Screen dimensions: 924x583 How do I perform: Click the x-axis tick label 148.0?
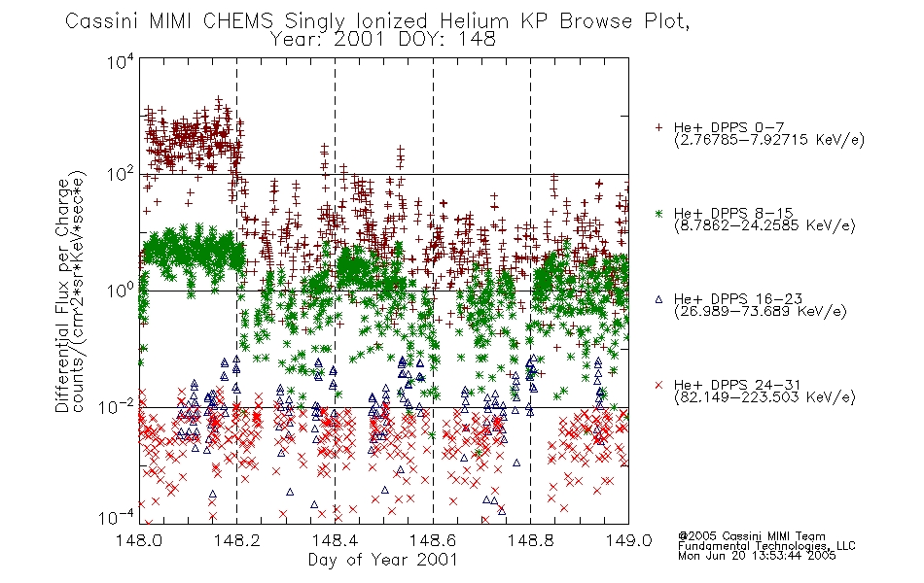coord(138,540)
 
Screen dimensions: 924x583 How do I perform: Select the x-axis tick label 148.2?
coord(237,540)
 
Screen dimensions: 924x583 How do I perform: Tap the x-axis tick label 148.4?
coord(335,540)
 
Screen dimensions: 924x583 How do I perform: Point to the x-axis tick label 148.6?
coord(433,540)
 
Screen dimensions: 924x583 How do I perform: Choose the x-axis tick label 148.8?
coord(530,540)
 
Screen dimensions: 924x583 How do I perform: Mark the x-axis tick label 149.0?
coord(628,540)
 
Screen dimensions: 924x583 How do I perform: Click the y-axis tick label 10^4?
coord(121,61)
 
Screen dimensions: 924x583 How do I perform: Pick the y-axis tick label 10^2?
coord(121,174)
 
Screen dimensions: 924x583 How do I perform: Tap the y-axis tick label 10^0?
coord(121,291)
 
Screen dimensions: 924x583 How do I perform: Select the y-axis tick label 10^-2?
coord(117,406)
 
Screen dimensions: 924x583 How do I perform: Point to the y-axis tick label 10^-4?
coord(117,518)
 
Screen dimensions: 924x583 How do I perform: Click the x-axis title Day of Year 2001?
coord(383,560)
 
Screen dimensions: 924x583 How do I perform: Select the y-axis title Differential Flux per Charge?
coord(62,295)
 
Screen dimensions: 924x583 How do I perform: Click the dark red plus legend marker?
coord(658,127)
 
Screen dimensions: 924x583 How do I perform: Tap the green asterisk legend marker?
coord(658,213)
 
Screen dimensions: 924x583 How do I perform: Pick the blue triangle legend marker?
coord(658,299)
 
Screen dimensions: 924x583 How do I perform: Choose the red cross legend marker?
coord(658,385)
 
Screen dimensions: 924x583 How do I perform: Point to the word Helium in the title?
coord(474,21)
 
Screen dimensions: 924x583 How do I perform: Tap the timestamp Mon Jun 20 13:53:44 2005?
coord(757,556)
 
